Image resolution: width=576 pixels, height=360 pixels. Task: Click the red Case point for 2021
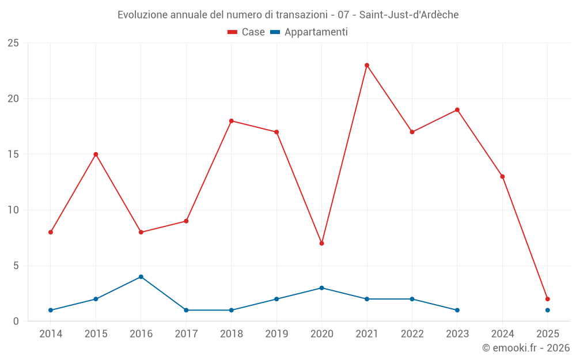367,65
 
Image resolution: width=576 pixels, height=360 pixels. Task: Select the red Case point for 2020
321,243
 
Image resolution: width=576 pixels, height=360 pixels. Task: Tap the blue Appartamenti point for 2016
141,276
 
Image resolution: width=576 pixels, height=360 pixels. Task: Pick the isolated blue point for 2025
548,310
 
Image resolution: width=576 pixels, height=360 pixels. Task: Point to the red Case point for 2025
548,299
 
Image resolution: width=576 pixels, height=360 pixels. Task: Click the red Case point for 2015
96,154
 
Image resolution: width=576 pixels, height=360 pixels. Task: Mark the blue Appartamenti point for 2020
321,288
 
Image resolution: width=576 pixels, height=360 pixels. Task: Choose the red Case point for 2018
232,121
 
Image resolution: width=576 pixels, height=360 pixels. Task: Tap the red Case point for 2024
502,176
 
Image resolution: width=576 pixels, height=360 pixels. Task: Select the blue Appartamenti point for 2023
457,310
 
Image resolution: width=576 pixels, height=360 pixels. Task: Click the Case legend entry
247,32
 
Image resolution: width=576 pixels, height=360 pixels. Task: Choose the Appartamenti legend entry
309,32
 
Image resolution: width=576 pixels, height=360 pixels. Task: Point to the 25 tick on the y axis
13,43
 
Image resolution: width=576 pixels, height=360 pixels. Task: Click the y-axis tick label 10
13,210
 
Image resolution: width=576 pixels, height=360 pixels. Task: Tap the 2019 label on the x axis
276,334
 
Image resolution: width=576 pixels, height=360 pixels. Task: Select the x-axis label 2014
51,334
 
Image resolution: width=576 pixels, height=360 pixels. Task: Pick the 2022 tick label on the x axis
412,334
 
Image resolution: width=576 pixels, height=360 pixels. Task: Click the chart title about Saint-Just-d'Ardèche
288,14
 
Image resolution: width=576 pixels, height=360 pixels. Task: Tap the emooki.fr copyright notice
526,348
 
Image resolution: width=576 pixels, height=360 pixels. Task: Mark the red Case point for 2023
457,109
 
